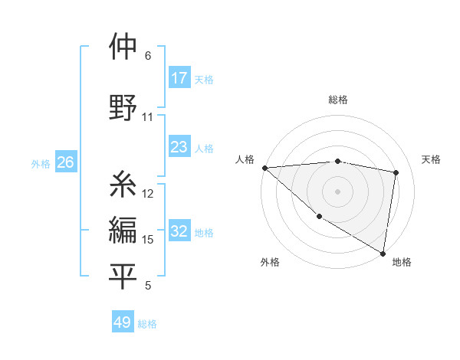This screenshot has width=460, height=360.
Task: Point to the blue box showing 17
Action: [179, 78]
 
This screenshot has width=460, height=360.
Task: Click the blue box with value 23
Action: [179, 147]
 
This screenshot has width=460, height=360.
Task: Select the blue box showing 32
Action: [179, 232]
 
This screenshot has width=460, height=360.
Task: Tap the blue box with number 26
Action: [65, 163]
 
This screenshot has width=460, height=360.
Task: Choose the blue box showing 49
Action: [123, 322]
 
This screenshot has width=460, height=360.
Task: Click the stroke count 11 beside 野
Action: [148, 117]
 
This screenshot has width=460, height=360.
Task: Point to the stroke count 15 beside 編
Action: [148, 240]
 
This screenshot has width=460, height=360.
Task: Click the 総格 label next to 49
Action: [148, 324]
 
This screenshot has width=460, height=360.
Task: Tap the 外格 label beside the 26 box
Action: [41, 164]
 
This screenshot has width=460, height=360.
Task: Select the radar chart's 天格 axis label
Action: [432, 159]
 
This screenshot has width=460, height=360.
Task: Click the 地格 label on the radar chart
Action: [402, 262]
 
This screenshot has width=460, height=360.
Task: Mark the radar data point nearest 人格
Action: [264, 168]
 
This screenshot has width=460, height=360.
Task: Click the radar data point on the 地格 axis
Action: [383, 253]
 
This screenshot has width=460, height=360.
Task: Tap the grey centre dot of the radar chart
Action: [337, 191]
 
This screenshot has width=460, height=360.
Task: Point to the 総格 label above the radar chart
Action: [338, 100]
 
